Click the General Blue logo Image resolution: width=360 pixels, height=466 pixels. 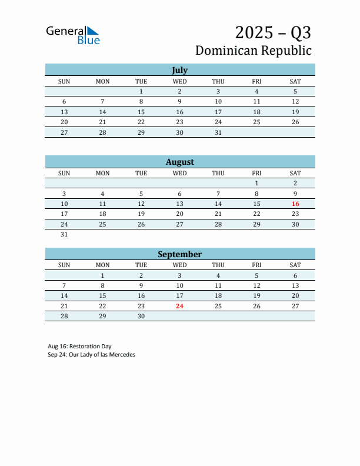(x=73, y=35)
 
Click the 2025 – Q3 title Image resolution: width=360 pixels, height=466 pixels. (x=273, y=32)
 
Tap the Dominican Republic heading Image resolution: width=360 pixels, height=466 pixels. (x=253, y=51)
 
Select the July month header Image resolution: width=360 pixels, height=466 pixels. (x=179, y=70)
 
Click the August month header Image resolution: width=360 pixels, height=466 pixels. (x=179, y=162)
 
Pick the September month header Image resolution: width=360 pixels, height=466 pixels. (x=179, y=254)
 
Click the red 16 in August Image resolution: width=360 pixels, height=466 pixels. (x=295, y=204)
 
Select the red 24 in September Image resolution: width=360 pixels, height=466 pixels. (x=180, y=306)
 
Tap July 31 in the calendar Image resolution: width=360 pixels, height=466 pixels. (x=218, y=132)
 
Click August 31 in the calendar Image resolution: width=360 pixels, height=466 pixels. (x=64, y=234)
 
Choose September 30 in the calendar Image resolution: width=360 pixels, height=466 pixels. (x=141, y=316)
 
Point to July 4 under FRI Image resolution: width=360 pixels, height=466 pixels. (x=256, y=91)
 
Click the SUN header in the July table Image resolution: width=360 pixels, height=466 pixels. (x=64, y=81)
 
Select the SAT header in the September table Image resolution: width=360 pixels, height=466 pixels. (x=295, y=265)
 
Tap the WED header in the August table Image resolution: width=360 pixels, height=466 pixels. (x=180, y=173)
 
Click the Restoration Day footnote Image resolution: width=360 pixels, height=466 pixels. (x=79, y=347)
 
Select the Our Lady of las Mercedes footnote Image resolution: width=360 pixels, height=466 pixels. (x=91, y=355)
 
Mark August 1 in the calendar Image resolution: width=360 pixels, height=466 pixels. (x=256, y=183)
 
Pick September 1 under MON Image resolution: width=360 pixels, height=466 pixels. (x=102, y=275)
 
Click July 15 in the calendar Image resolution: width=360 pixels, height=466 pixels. (x=141, y=112)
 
